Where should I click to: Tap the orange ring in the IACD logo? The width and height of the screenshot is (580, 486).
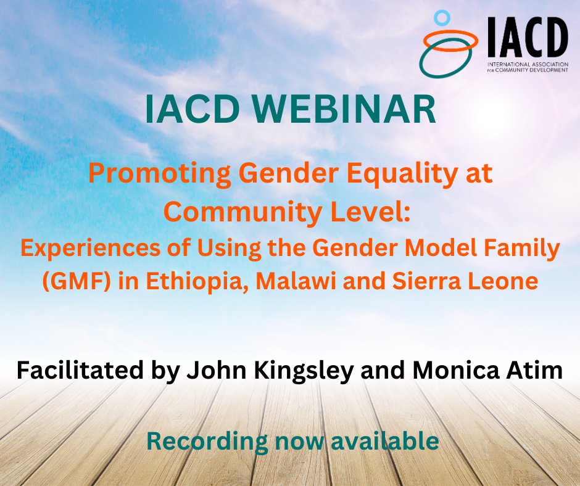click(x=449, y=41)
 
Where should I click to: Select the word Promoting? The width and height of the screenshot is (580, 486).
click(x=160, y=175)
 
